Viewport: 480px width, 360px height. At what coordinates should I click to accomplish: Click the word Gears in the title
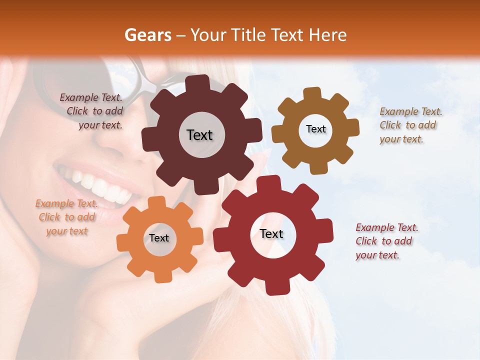tap(147, 35)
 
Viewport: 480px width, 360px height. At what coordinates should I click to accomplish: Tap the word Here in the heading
tap(327, 35)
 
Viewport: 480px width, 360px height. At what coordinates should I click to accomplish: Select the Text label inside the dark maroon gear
tap(199, 135)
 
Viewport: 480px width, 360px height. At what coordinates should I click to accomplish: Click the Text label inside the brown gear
tap(315, 129)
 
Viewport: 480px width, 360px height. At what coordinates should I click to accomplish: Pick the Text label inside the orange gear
tap(159, 238)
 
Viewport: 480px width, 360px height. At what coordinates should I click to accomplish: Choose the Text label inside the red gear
tap(271, 233)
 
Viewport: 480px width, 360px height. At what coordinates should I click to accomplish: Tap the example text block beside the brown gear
tap(410, 125)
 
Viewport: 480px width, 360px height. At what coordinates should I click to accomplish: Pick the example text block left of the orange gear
tap(66, 217)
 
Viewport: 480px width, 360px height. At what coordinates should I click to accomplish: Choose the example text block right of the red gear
tap(386, 241)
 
